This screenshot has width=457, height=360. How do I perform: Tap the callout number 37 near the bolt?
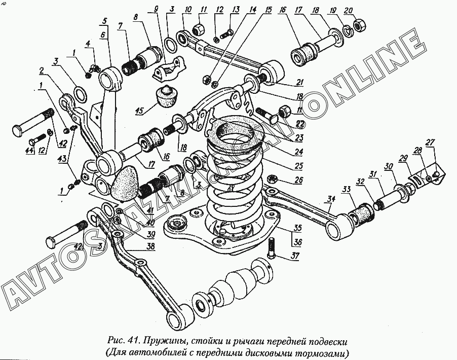294,255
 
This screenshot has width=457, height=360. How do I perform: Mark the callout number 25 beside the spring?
299,166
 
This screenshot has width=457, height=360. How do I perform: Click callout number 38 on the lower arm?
150,247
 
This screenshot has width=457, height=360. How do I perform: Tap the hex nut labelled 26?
271,179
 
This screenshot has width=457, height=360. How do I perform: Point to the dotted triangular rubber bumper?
125,181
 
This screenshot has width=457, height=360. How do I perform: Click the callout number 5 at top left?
104,21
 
